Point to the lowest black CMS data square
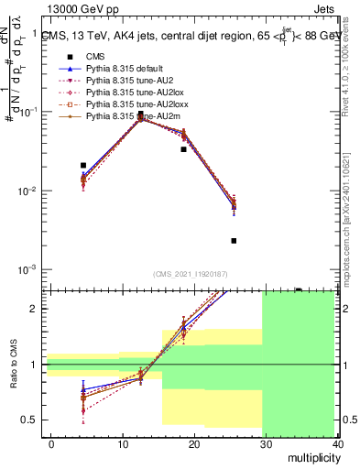tap(234, 241)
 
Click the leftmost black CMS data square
tap(83, 166)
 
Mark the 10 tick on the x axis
tap(123, 443)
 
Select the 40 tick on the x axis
tap(338, 443)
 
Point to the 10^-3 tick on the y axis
tap(30, 270)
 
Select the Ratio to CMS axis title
tap(12, 365)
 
